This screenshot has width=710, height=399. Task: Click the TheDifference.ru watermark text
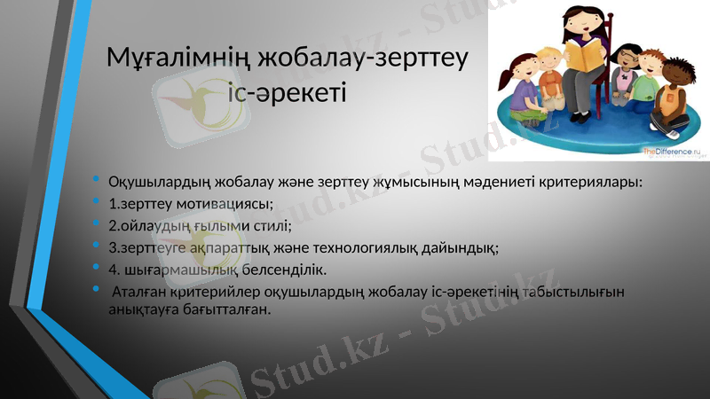pos(671,153)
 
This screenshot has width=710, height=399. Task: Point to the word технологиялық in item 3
pos(388,247)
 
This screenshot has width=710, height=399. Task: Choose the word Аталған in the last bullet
pos(137,291)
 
